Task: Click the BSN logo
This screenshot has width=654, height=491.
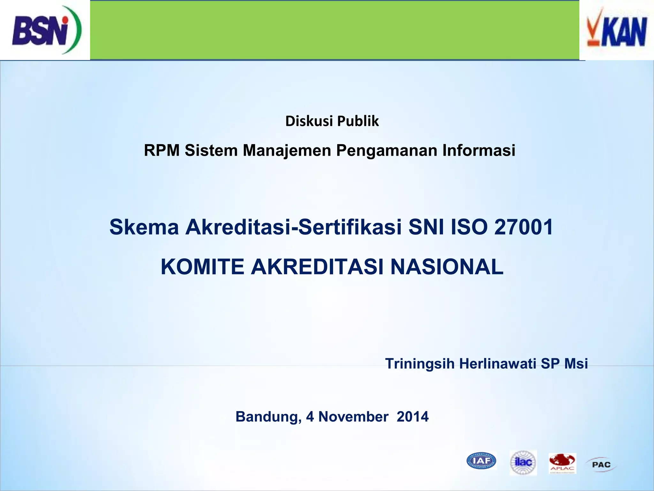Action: [x=46, y=30]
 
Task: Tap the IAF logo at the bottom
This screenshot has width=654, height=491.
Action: [x=481, y=461]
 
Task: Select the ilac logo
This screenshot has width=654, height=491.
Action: [x=523, y=462]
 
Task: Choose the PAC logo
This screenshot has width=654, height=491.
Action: [x=601, y=464]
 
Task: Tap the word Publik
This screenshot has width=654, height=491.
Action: [x=358, y=121]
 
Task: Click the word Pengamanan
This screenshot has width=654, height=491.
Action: [x=386, y=150]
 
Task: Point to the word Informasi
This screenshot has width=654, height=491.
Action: [x=479, y=150]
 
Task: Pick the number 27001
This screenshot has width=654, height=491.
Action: [x=524, y=227]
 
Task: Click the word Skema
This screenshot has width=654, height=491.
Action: [x=144, y=227]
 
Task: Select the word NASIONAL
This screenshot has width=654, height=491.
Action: [x=447, y=267]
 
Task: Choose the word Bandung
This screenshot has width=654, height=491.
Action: [x=268, y=417]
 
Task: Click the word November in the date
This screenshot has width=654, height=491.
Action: [x=353, y=417]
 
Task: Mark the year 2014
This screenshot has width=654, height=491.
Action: [x=413, y=417]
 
